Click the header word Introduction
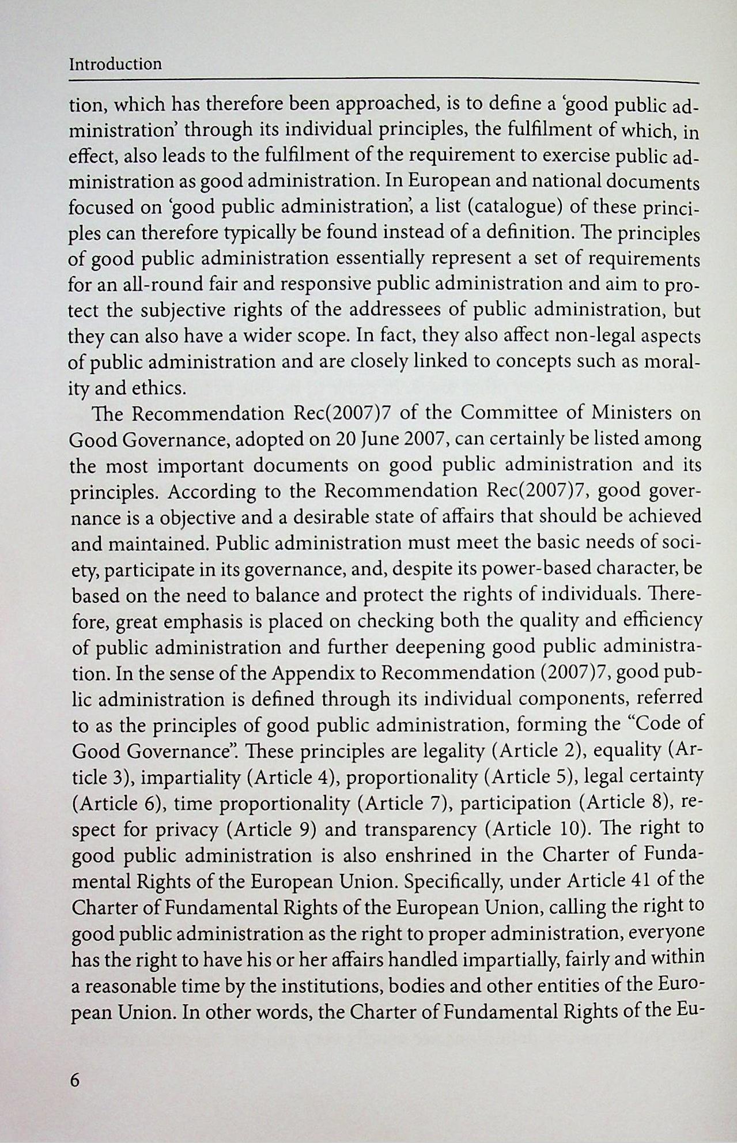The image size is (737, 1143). [x=115, y=64]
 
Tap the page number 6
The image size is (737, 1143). [x=74, y=1080]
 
